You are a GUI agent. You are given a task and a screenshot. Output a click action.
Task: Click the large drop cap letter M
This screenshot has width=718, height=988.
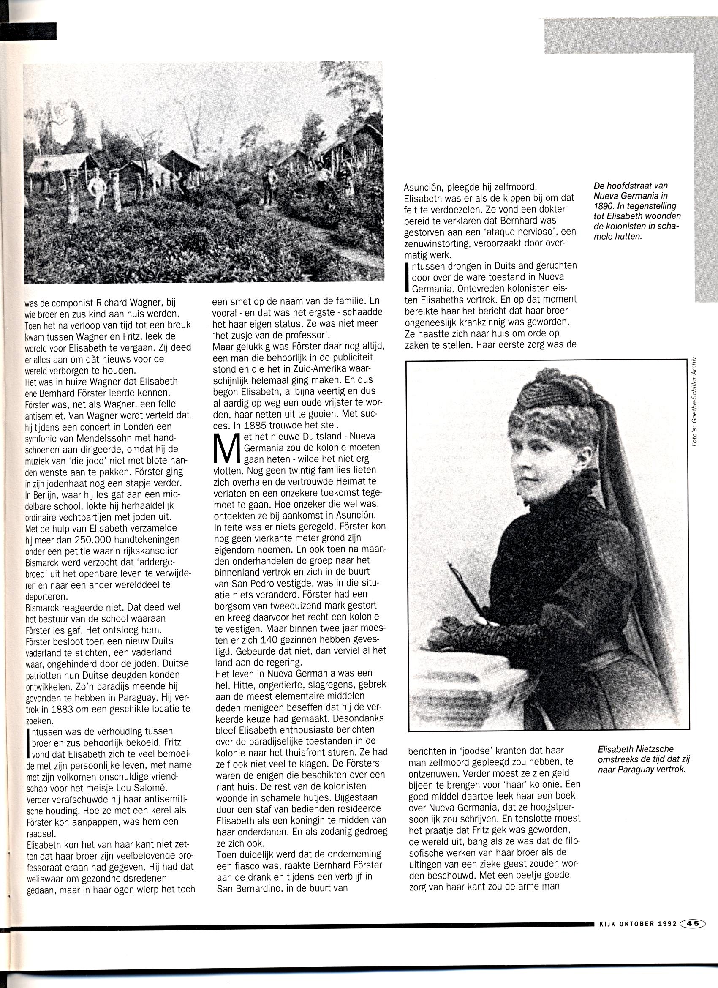pos(226,449)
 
